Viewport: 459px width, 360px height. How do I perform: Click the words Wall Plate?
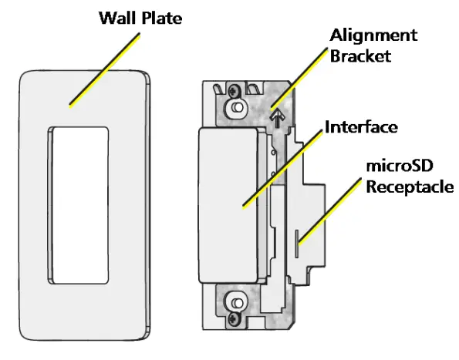(140, 17)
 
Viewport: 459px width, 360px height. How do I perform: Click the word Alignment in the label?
(373, 35)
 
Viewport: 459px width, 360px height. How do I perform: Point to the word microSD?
(394, 167)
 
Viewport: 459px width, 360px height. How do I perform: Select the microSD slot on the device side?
(297, 241)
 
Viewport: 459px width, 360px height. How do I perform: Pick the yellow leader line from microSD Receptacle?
(332, 208)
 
